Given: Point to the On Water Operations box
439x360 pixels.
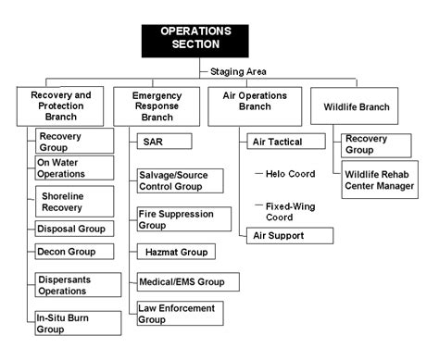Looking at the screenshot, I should click(x=73, y=167).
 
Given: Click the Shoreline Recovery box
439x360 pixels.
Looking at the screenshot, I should click(x=73, y=201).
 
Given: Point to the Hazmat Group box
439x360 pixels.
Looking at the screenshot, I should click(x=176, y=251).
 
